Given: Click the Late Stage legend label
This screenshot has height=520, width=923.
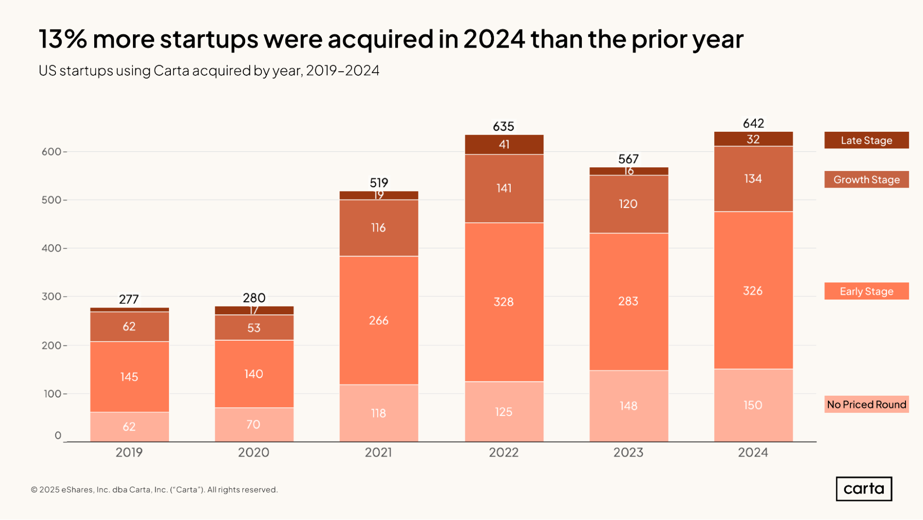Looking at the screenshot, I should (x=866, y=140).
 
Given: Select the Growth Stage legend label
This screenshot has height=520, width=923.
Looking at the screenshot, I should (x=866, y=179).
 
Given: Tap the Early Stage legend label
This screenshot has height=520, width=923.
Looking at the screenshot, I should (x=866, y=291).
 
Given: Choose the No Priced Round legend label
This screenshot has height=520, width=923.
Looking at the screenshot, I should (x=866, y=404).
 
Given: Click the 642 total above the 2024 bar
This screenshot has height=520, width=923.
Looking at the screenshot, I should (x=753, y=123).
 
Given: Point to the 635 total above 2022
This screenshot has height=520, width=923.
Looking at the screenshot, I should (x=503, y=126).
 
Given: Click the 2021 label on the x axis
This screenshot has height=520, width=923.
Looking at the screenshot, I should (x=378, y=452).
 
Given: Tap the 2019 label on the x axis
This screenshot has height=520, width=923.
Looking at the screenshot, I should (x=129, y=452).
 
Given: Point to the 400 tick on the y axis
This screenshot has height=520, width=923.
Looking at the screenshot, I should (x=51, y=248).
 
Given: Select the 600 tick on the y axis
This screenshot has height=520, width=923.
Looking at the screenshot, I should (x=51, y=152).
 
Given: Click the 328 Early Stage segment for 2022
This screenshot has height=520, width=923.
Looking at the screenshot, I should (x=504, y=302).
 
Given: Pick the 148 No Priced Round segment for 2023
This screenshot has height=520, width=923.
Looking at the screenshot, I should (x=628, y=406).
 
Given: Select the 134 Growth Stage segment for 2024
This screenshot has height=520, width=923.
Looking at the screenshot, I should (x=753, y=179).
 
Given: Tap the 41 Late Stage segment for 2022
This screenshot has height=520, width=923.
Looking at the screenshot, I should (x=504, y=145).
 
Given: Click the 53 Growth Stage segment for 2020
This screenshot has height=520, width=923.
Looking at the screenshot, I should (x=254, y=328).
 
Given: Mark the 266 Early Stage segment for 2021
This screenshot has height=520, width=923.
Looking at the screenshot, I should (x=379, y=320).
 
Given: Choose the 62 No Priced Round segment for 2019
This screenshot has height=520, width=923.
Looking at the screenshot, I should (x=129, y=427).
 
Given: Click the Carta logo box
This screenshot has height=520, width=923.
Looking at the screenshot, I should (x=863, y=489).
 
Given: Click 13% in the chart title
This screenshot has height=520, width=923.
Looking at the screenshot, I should (x=63, y=39).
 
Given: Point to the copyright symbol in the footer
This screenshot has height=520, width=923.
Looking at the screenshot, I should (x=34, y=490).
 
